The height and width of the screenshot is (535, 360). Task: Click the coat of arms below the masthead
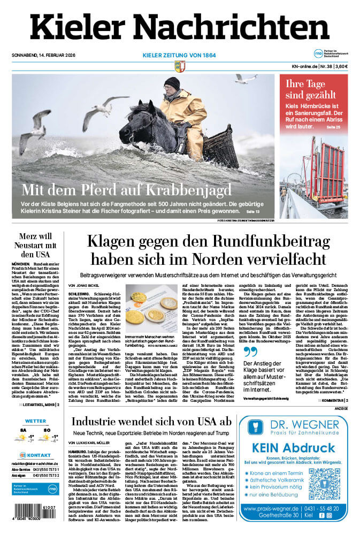coord(180,66)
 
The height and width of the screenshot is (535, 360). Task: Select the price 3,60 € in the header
coord(341,66)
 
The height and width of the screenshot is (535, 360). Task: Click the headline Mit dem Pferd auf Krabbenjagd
coord(126,190)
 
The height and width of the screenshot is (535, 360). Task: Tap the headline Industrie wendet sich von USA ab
coord(152,421)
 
